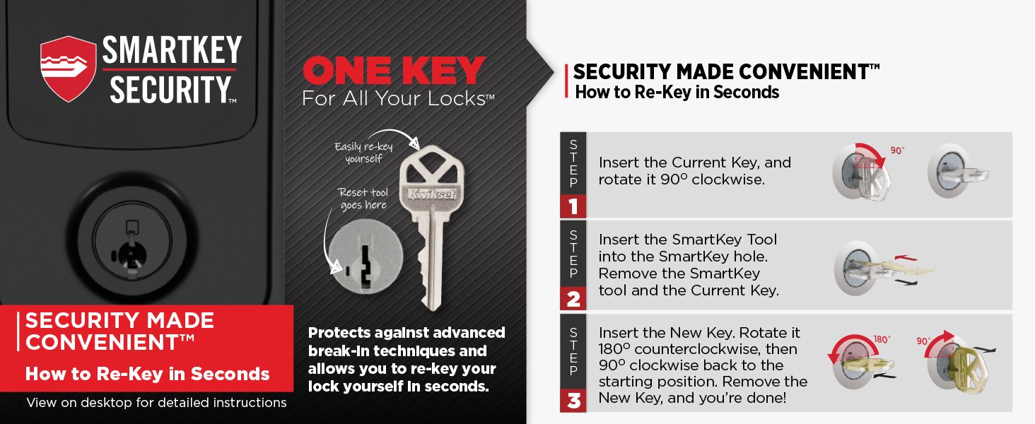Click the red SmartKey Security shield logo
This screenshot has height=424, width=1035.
[x=68, y=69]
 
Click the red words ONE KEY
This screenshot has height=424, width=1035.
[x=394, y=71]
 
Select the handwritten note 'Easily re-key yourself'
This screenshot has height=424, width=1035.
[x=363, y=152]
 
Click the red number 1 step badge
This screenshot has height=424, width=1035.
[x=573, y=206]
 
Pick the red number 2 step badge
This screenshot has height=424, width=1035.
[x=573, y=298]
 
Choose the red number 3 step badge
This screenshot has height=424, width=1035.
[x=573, y=401]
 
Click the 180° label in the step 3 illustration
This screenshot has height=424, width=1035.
[x=881, y=340]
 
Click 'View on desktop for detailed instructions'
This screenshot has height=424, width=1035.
[x=156, y=403]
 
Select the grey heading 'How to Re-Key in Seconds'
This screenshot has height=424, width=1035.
[x=677, y=93]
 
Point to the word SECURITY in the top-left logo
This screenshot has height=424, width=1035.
[x=167, y=89]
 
